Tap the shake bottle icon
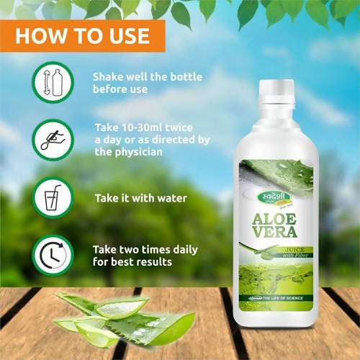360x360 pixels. pos(53,81)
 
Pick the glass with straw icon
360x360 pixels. pos(53,197)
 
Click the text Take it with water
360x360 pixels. pos(140,197)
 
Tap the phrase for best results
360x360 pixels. pos(132,262)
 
